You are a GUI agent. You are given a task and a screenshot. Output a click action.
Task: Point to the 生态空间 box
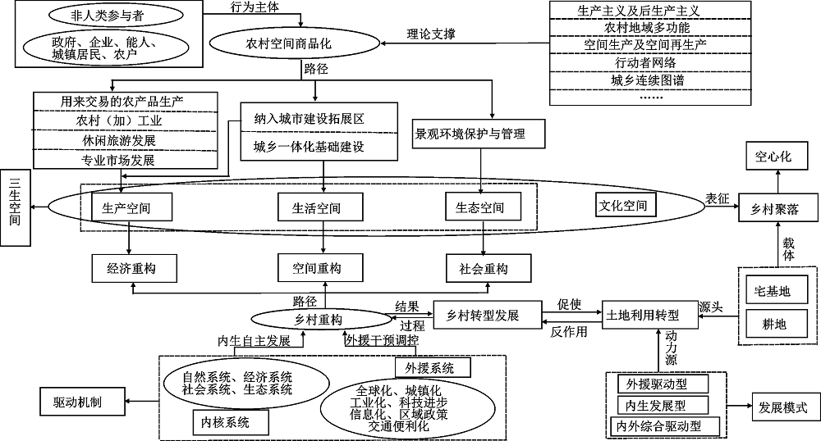pyautogui.click(x=480, y=208)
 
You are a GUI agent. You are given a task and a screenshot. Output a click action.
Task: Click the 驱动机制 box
pyautogui.click(x=80, y=402)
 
